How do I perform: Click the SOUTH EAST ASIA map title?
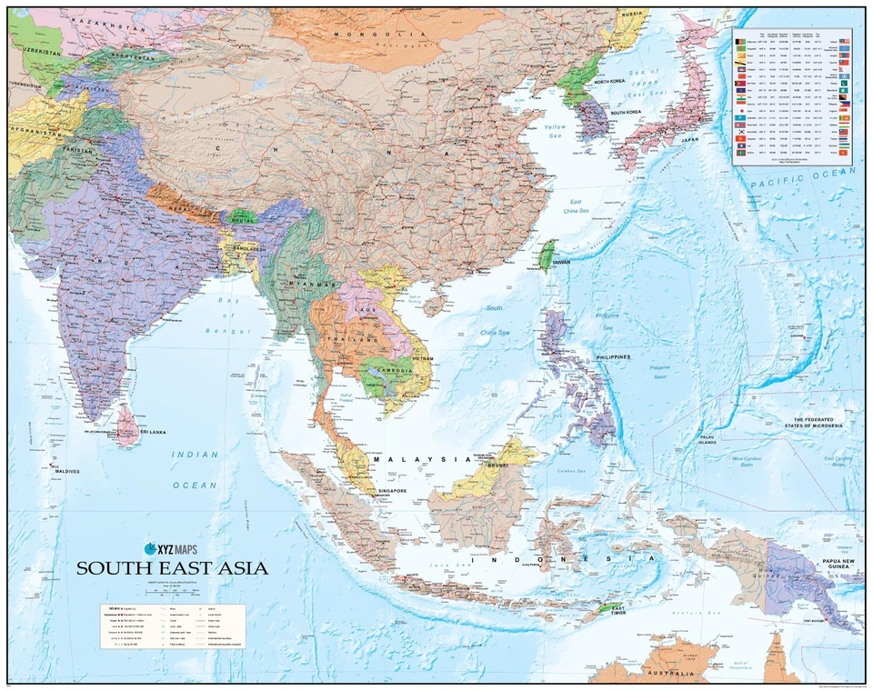tap(172, 568)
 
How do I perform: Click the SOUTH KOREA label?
tap(627, 112)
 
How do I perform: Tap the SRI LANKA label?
tap(157, 434)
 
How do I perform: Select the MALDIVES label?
tap(66, 471)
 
